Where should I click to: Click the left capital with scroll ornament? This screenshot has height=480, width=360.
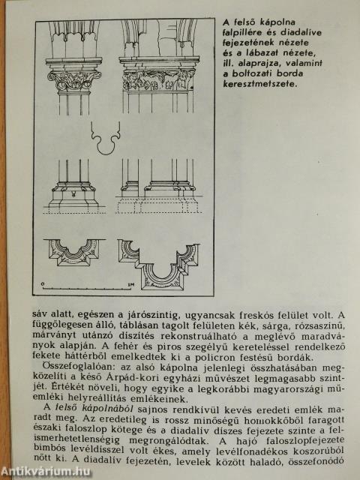coord(74,79)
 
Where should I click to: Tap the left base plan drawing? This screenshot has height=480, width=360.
coord(74,254)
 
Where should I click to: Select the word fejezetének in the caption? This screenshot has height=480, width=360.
coord(252,44)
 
